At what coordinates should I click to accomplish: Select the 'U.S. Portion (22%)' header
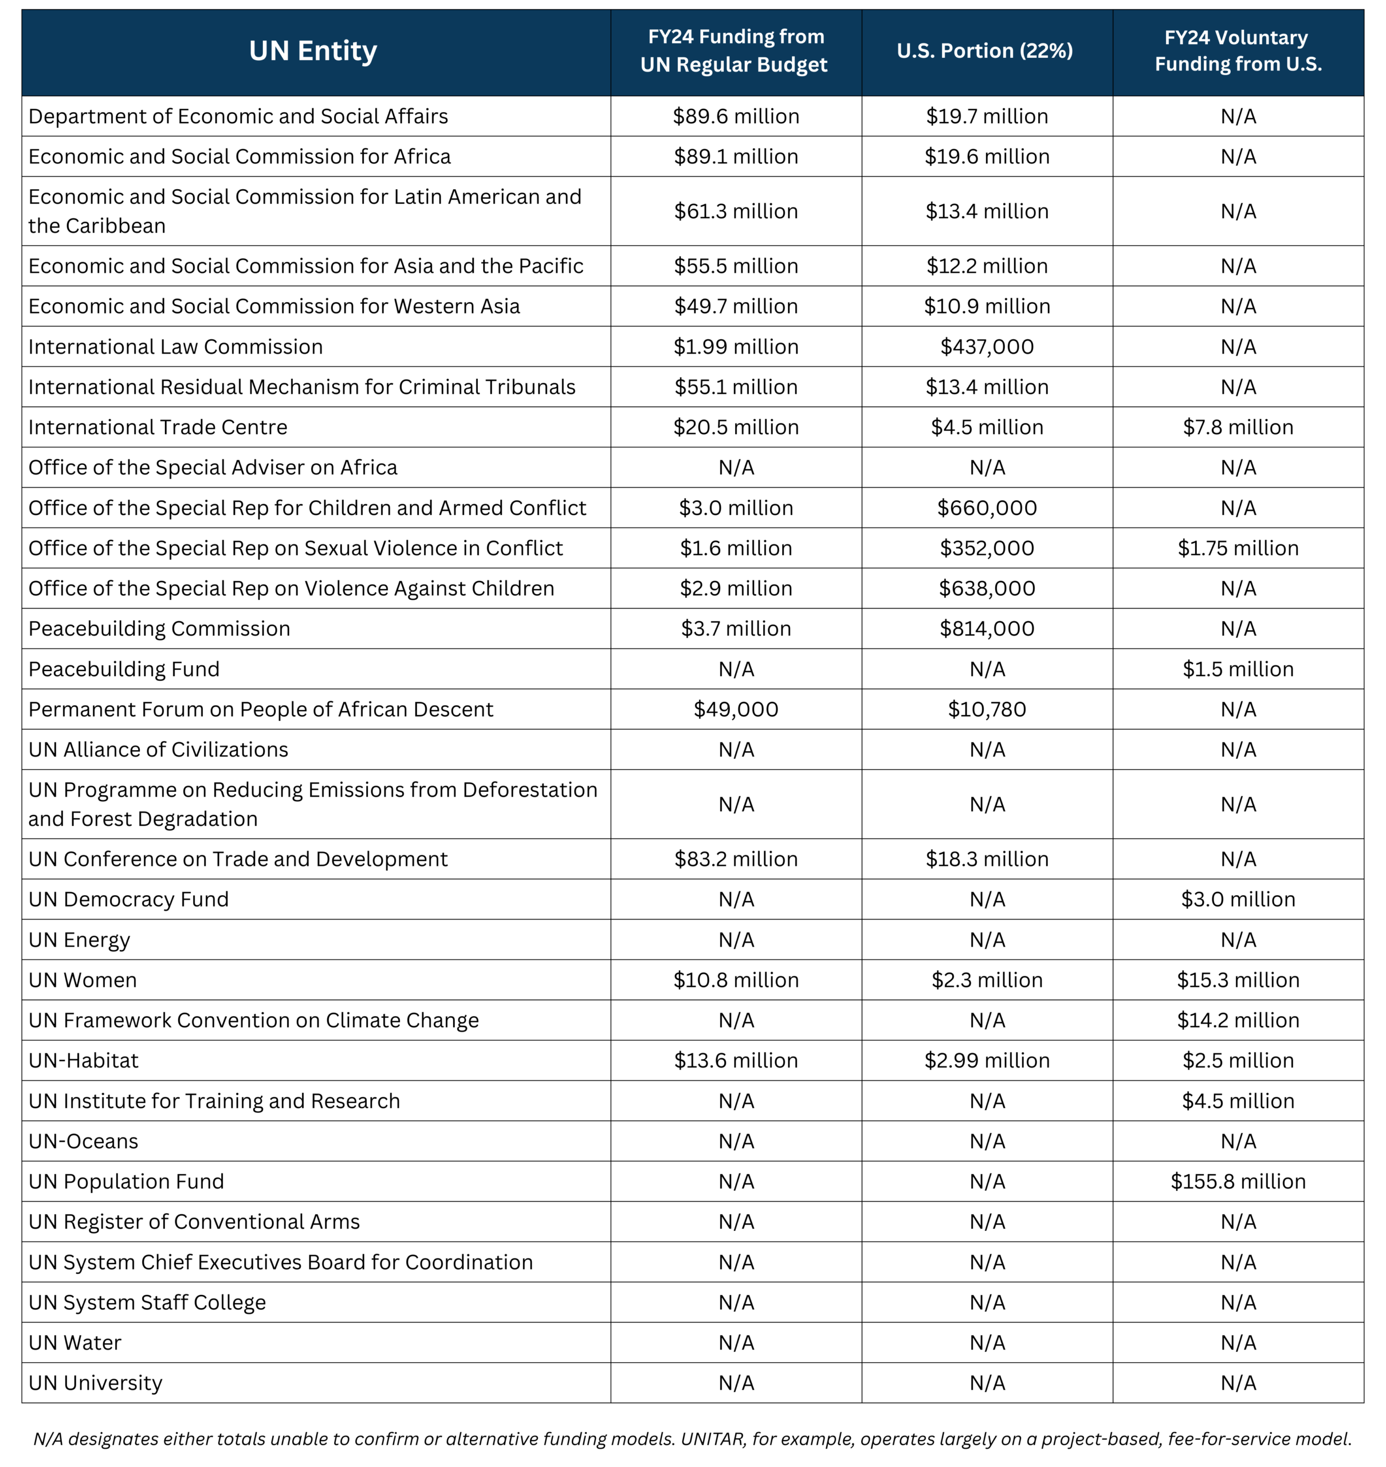coord(985,51)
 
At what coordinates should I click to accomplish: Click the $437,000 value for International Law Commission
coord(987,347)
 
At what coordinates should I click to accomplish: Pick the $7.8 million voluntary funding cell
coord(1238,427)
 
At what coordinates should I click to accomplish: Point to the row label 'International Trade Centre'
coord(158,427)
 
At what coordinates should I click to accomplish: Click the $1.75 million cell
coord(1238,548)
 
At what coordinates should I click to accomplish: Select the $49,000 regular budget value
coord(736,709)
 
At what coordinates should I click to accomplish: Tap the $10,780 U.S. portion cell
coord(987,709)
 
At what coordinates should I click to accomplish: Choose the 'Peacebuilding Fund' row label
coord(124,669)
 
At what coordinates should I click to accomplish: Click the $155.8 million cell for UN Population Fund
coord(1238,1181)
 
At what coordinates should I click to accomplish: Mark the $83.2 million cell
coord(736,859)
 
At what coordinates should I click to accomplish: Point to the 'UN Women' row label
coord(83,980)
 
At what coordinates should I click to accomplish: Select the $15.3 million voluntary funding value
coord(1238,980)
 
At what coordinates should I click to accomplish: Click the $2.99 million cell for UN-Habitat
coord(987,1061)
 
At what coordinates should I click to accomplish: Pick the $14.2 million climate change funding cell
coord(1238,1020)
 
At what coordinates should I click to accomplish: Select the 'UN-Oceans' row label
coord(84,1141)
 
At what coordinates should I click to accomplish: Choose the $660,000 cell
coord(987,508)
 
